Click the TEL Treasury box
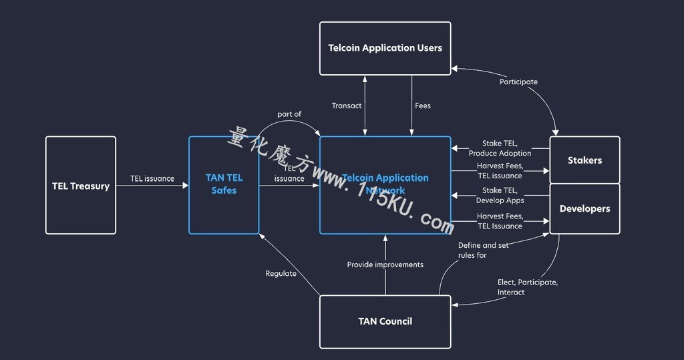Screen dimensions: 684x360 pyautogui.click(x=81, y=186)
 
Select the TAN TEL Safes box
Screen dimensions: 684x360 pyautogui.click(x=224, y=185)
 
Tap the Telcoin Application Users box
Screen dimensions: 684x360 pyautogui.click(x=385, y=49)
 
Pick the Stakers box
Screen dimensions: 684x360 pyautogui.click(x=584, y=160)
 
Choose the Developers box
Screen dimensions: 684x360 pyautogui.click(x=584, y=208)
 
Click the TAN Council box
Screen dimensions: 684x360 pyautogui.click(x=385, y=322)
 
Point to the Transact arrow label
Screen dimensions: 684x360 pyautogui.click(x=347, y=106)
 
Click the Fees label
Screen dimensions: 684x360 pyautogui.click(x=423, y=106)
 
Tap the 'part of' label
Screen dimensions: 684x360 pyautogui.click(x=289, y=114)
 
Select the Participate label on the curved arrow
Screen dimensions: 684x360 pyautogui.click(x=518, y=82)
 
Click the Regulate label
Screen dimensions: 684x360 pyautogui.click(x=281, y=274)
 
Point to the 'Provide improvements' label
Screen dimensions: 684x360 pyautogui.click(x=385, y=264)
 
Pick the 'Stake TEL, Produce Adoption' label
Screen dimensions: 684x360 pyautogui.click(x=500, y=148)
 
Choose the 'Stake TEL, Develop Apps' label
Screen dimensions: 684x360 pyautogui.click(x=500, y=196)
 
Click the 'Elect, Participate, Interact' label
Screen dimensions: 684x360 pyautogui.click(x=528, y=287)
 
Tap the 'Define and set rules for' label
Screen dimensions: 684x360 pyautogui.click(x=483, y=250)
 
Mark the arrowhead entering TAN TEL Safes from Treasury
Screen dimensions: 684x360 pyautogui.click(x=186, y=186)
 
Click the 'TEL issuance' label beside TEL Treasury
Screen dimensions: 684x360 pyautogui.click(x=152, y=178)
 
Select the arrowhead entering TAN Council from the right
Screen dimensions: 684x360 pyautogui.click(x=454, y=305)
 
